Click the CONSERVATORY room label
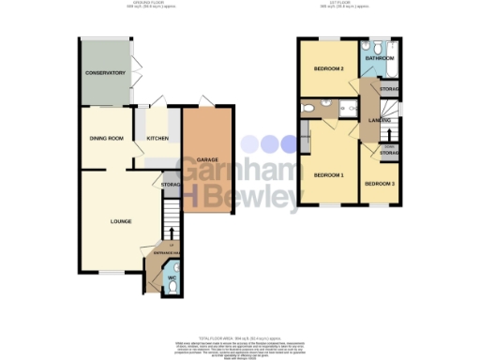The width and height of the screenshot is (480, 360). click(105, 73)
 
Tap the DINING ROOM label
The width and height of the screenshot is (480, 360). click(106, 139)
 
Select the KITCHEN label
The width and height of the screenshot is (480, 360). click(156, 139)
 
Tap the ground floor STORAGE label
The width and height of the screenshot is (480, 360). click(170, 185)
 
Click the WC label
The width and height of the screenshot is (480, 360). click(170, 277)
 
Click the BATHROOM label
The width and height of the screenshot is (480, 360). click(380, 59)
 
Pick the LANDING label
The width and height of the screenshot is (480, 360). click(381, 121)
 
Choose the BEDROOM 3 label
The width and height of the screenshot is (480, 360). click(379, 184)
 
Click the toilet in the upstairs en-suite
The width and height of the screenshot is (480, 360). click(308, 110)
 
